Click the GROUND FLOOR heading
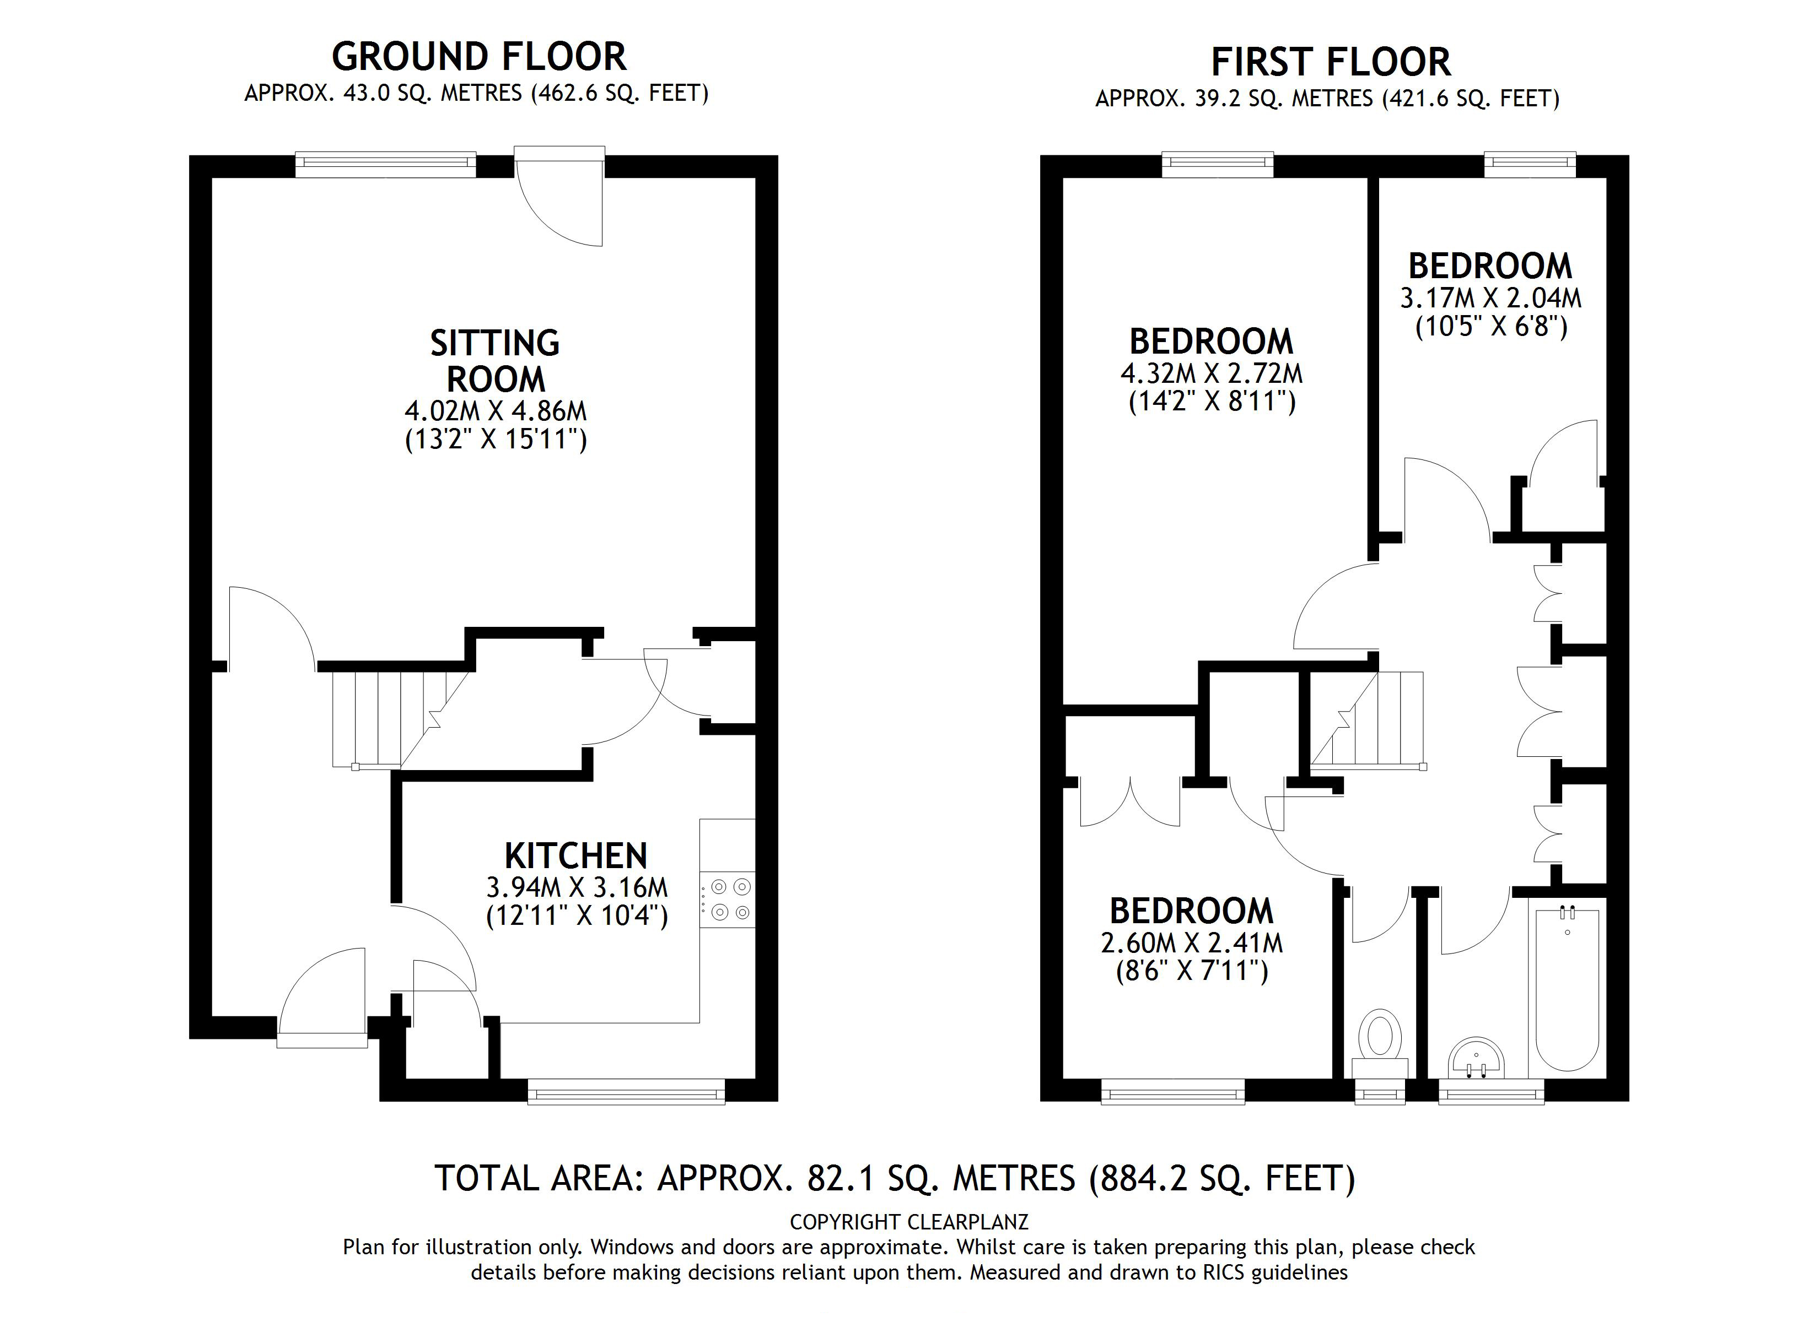pyautogui.click(x=479, y=57)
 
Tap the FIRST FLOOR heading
pyautogui.click(x=1331, y=62)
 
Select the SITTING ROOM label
pyautogui.click(x=495, y=361)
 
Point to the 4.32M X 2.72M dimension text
pyautogui.click(x=1211, y=373)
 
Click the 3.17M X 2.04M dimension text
pyautogui.click(x=1490, y=298)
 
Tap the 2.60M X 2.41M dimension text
pyautogui.click(x=1191, y=943)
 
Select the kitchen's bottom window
pyautogui.click(x=626, y=1092)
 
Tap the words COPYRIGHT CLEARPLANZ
pyautogui.click(x=909, y=1222)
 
